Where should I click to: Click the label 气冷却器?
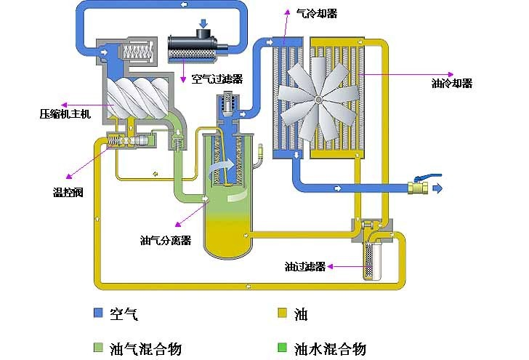317,13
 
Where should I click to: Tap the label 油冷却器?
451,84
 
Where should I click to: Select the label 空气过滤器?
217,79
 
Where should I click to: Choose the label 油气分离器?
164,239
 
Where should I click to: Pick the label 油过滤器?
304,266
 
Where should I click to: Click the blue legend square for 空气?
98,314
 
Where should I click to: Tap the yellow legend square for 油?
283,314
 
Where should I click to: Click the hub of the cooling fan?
318,98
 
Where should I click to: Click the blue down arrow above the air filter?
203,25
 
